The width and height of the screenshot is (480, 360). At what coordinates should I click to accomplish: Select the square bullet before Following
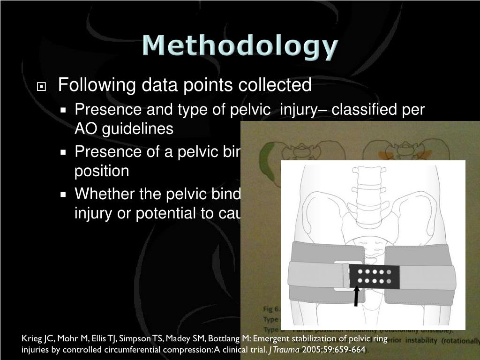(x=42, y=87)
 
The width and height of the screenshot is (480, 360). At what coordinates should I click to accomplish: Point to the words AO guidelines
(x=124, y=129)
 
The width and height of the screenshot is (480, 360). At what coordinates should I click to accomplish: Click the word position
(x=102, y=171)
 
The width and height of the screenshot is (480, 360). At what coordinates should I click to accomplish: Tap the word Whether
(x=104, y=193)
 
